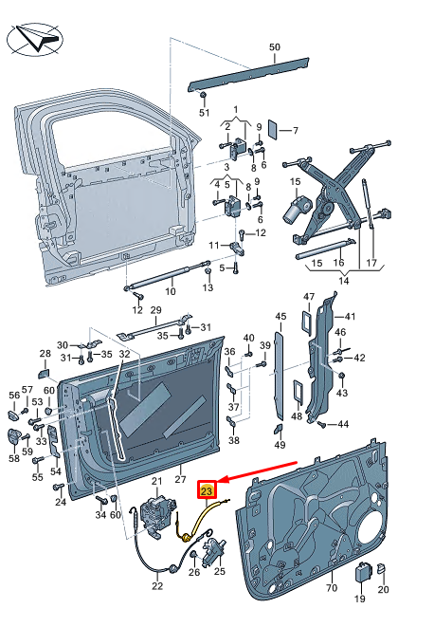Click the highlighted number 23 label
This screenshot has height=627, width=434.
tap(208, 489)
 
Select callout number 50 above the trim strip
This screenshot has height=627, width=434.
tap(275, 46)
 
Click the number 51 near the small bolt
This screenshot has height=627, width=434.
tap(203, 113)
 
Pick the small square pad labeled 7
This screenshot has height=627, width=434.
tap(272, 130)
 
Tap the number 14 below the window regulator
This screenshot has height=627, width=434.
tap(342, 282)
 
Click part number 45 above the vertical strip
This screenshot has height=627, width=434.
tap(280, 317)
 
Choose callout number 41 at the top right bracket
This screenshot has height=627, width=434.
tap(350, 317)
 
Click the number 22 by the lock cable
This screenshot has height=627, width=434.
tap(157, 585)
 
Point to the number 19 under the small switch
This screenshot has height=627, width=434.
tap(359, 599)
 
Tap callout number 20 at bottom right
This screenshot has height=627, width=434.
tap(383, 590)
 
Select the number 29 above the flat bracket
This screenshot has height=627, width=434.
tap(156, 311)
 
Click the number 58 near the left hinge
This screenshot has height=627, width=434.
tap(14, 457)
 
